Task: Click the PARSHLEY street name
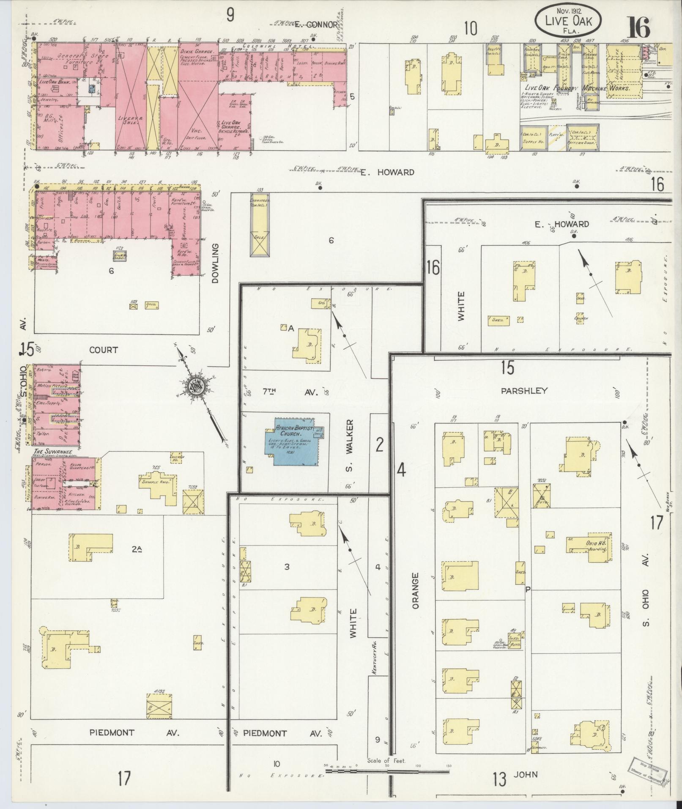click(524, 391)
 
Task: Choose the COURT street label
click(104, 350)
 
